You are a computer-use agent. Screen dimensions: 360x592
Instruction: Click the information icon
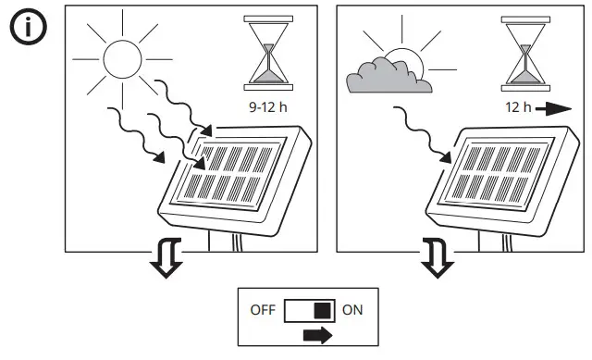[28, 29]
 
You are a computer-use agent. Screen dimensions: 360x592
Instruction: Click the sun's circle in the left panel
[120, 59]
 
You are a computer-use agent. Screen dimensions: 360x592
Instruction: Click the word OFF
[263, 310]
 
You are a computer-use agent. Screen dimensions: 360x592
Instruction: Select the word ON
[352, 310]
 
